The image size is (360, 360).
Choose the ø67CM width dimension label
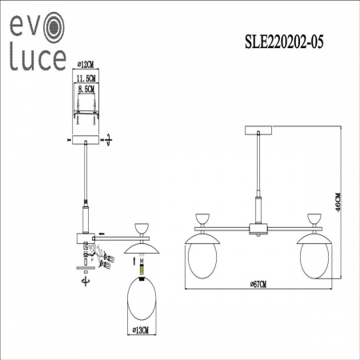point(258,285)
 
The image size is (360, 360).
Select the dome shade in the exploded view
point(142,244)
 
